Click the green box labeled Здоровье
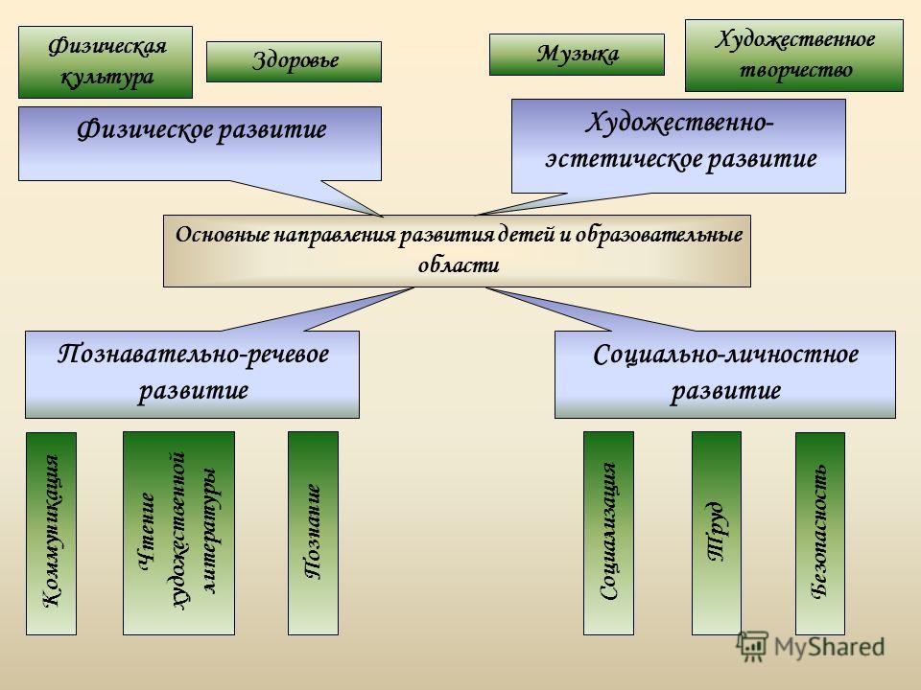(x=294, y=61)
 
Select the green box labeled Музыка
(x=577, y=55)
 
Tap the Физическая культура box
(x=106, y=62)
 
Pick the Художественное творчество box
(x=794, y=56)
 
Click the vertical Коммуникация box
(x=51, y=534)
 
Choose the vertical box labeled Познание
(x=313, y=534)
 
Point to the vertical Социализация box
(x=608, y=534)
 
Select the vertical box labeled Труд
(x=717, y=534)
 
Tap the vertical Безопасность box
(x=820, y=534)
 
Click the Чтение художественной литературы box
(x=178, y=534)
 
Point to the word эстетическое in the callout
(x=623, y=159)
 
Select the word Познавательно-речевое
(x=193, y=355)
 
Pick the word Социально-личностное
(x=726, y=355)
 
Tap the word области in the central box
(x=459, y=265)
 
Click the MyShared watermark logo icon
(x=752, y=647)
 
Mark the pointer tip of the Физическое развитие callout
(x=383, y=216)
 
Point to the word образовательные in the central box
(x=658, y=235)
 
